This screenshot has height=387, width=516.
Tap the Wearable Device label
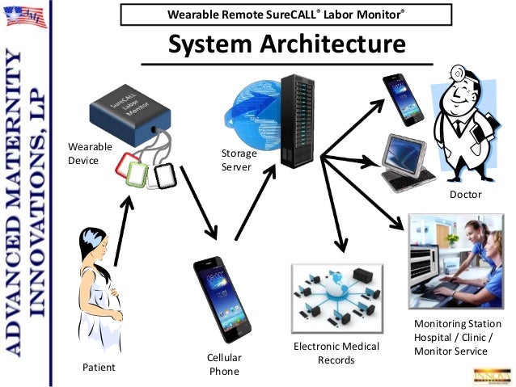pyautogui.click(x=84, y=154)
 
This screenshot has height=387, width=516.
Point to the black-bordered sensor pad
pyautogui.click(x=165, y=176)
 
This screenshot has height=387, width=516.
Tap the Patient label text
pyautogui.click(x=99, y=368)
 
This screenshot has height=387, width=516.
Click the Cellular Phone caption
pyautogui.click(x=225, y=364)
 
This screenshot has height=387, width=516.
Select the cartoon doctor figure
pyautogui.click(x=463, y=128)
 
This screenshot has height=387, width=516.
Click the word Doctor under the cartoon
pyautogui.click(x=465, y=195)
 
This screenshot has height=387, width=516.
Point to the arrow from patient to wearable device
pyautogui.click(x=121, y=234)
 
